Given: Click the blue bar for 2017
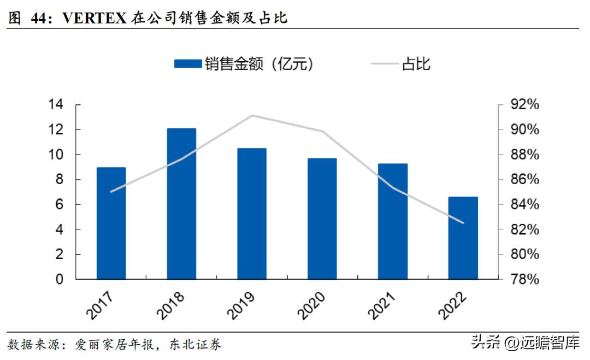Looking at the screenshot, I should [111, 223].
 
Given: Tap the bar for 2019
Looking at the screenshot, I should [252, 214].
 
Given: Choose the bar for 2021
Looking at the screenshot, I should [393, 221].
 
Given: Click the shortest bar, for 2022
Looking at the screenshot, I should [463, 238].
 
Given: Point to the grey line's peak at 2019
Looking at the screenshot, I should [252, 116].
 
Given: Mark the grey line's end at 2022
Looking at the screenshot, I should [463, 223].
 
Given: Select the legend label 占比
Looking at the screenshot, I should [416, 64].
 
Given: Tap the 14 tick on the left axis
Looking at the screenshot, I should [56, 105].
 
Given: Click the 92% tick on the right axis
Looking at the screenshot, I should [525, 105].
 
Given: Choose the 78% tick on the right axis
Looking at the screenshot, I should [525, 280].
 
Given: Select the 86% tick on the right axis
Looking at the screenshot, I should [525, 180].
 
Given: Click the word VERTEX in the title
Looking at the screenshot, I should [95, 18].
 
